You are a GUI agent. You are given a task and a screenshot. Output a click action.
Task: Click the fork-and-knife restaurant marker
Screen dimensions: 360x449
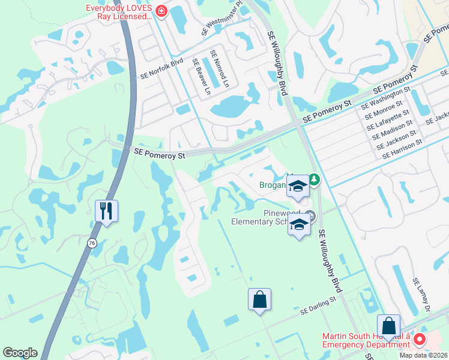tap(107, 211)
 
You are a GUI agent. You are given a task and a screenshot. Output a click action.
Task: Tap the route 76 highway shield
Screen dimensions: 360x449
tap(91, 242)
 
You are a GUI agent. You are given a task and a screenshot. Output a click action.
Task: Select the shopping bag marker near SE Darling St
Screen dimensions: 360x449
tap(259, 299)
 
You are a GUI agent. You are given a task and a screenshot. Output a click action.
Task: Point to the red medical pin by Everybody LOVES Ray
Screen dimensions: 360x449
tap(161, 11)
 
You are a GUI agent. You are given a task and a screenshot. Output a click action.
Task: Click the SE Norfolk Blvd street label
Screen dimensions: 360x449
tap(161, 69)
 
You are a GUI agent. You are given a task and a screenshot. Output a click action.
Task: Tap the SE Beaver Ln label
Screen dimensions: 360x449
tap(202, 77)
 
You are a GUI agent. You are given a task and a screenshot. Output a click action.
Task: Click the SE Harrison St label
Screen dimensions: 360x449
tap(402, 148)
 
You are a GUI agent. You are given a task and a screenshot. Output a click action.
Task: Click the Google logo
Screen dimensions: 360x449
tap(20, 353)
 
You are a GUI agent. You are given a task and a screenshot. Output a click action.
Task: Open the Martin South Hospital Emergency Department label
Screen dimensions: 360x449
tap(366, 340)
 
